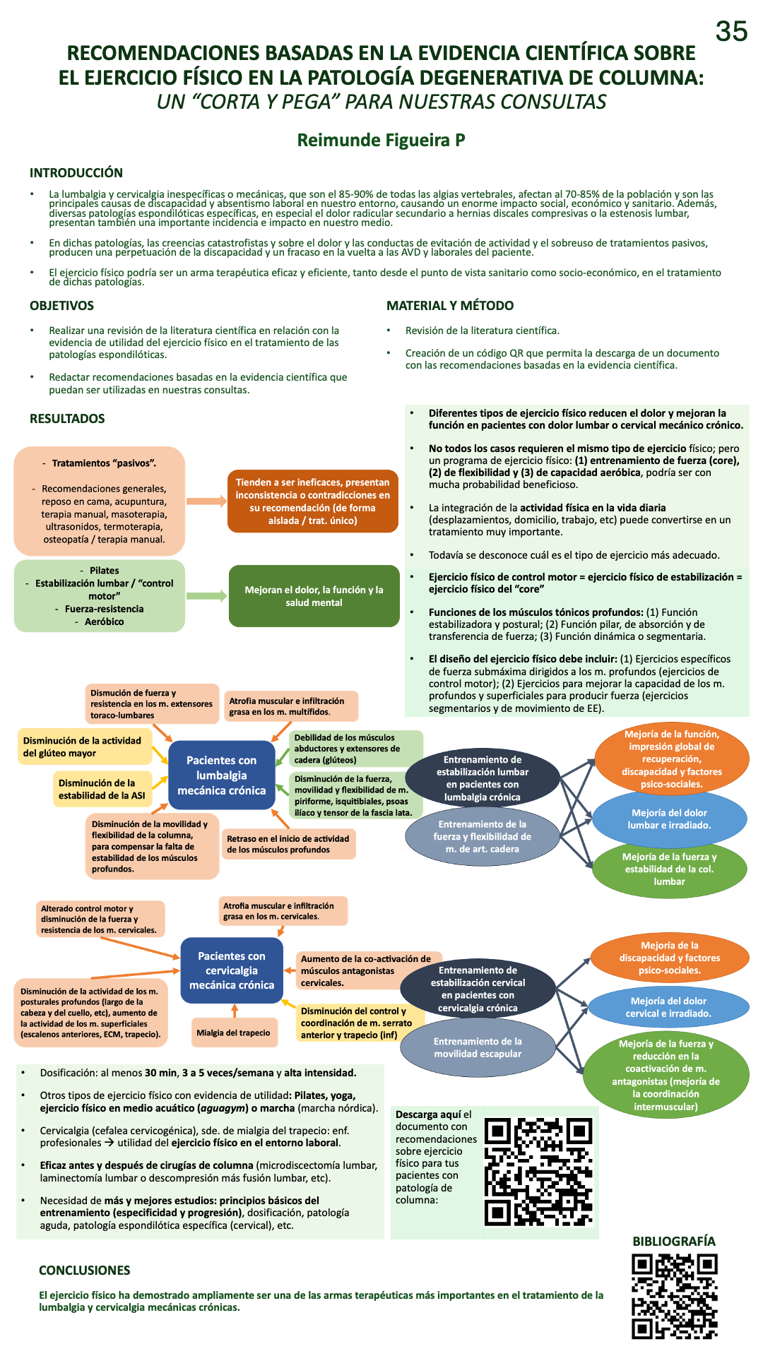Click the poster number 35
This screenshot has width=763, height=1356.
731,31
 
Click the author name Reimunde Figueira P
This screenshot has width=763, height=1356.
381,140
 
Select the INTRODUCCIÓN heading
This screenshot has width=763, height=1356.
76,173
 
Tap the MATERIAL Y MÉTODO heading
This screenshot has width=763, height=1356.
450,306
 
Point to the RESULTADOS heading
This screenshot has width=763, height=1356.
67,419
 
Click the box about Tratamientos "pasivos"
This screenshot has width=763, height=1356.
100,501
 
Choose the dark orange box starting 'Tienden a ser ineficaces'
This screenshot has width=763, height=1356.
313,501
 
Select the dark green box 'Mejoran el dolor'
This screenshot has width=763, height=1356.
314,596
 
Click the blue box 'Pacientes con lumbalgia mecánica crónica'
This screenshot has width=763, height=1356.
222,775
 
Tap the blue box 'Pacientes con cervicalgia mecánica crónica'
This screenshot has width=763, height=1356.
232,970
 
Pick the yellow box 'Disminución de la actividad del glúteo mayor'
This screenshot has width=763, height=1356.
83,747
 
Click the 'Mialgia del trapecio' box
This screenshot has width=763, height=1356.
234,1033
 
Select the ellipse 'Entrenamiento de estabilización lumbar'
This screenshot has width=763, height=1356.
483,778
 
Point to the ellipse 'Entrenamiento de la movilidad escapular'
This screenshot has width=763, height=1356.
478,1047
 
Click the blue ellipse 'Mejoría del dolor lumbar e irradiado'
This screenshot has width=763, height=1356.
669,819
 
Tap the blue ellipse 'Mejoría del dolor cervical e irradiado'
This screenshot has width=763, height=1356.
668,1007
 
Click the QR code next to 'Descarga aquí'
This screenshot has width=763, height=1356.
538,1171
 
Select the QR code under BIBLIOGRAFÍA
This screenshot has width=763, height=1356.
675,1296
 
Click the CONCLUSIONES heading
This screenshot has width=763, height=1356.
85,1271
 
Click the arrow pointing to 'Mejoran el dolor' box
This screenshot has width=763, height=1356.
206,596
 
